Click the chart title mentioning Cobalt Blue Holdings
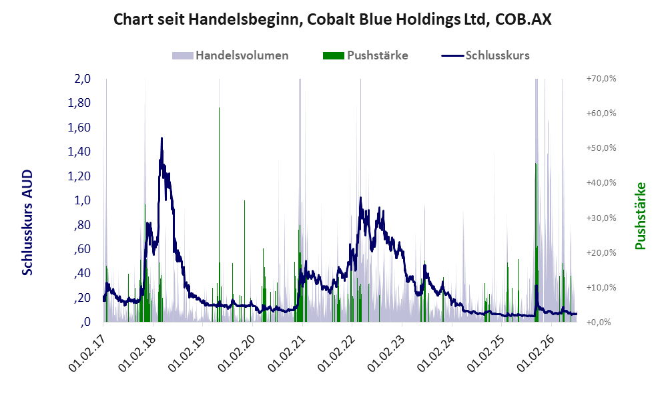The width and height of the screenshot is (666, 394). coord(332,19)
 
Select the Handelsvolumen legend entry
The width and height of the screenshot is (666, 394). coord(230,55)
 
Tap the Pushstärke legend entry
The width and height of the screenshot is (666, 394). coord(365,55)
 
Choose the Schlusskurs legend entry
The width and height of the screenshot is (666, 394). coord(485,55)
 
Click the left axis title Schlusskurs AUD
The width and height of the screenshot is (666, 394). coord(27,222)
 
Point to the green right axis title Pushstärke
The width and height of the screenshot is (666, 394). coord(640,216)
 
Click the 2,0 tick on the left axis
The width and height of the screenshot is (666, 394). coord(82,79)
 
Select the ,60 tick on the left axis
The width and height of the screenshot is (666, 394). coord(82,248)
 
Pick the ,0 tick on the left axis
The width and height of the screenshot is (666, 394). coord(85,322)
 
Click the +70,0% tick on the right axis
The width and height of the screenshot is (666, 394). coord(601,79)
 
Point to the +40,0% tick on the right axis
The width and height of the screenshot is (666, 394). coord(601,183)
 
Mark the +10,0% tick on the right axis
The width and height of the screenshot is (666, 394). coord(601,287)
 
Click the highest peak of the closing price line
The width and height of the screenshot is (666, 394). coord(161,138)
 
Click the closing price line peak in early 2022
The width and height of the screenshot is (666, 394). coord(360,198)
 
